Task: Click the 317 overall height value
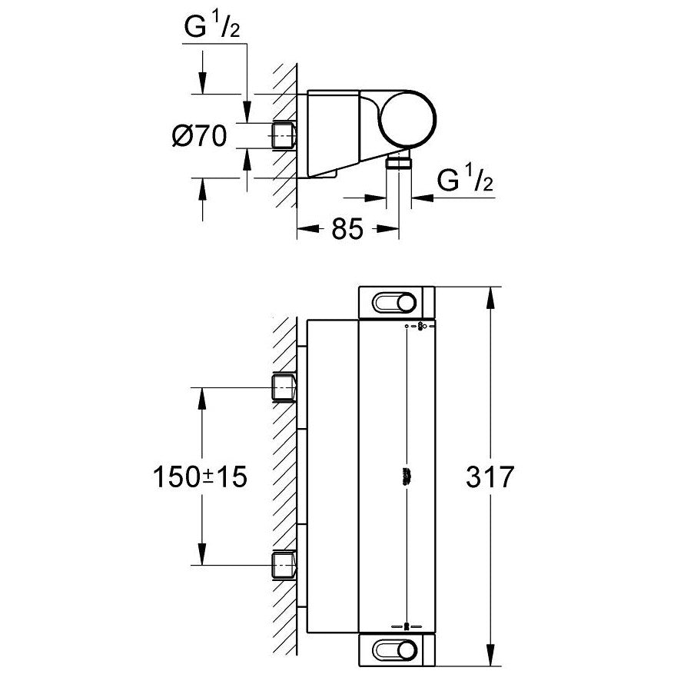(489, 477)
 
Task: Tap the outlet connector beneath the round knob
(399, 163)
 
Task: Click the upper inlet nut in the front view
(284, 389)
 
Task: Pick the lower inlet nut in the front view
(284, 566)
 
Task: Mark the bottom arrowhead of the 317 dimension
(490, 659)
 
